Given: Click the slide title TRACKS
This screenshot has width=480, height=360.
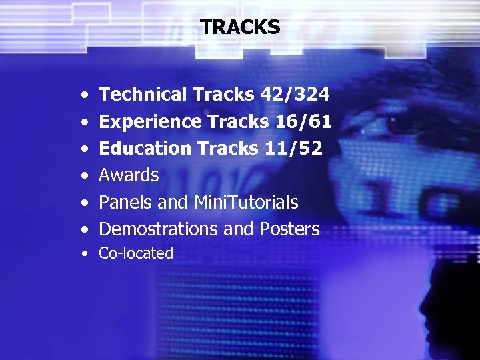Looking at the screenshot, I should (240, 27).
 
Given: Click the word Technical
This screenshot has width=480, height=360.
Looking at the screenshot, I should (143, 95).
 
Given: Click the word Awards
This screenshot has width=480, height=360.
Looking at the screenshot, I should (129, 175).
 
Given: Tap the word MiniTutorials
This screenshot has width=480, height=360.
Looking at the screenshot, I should (246, 202).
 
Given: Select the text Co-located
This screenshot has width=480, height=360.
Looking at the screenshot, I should (136, 253).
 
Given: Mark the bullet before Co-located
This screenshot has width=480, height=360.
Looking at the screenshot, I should (84, 254).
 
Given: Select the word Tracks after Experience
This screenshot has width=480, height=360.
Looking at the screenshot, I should (238, 121).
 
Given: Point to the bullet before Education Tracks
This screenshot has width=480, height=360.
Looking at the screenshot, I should (84, 149).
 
